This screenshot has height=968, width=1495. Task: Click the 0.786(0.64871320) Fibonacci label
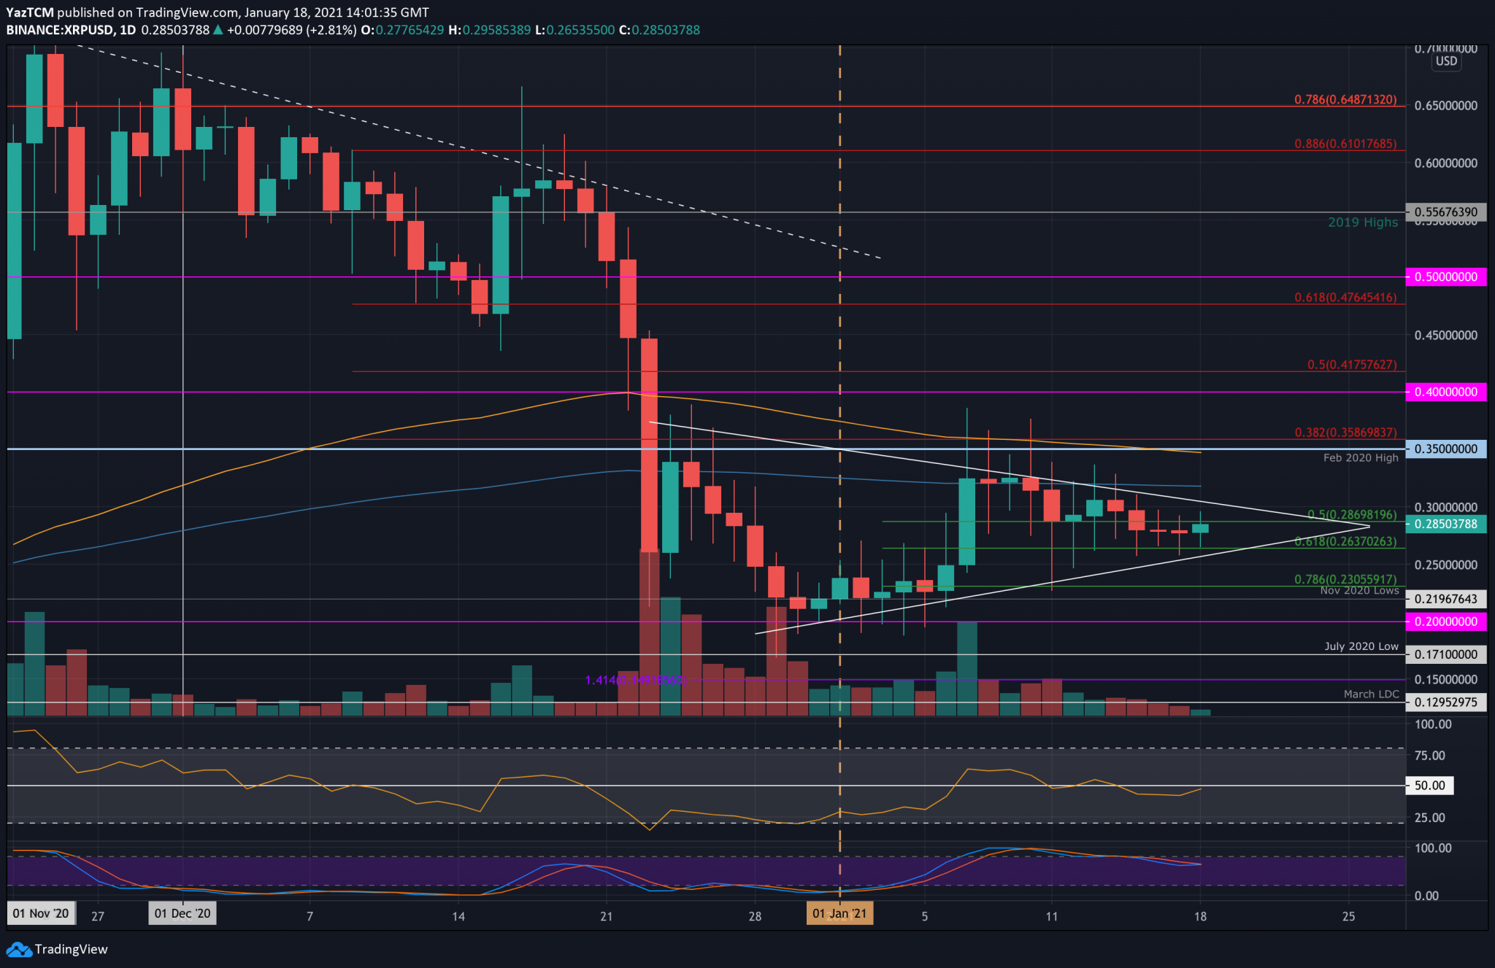click(1345, 99)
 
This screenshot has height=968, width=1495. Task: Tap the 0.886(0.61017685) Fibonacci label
click(1345, 144)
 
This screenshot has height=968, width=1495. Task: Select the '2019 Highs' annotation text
click(1362, 222)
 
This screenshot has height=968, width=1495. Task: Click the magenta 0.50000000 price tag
click(1445, 277)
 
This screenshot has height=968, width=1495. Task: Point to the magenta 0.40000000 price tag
click(1445, 392)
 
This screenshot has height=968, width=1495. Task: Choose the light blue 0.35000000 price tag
click(1445, 449)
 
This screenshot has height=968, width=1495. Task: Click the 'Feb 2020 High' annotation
click(1360, 458)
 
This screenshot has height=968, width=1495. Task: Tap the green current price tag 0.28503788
click(1445, 524)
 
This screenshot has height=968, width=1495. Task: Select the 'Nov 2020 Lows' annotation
click(1359, 590)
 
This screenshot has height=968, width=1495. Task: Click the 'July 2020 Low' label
click(1361, 646)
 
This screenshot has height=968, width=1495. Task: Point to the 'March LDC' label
click(1371, 694)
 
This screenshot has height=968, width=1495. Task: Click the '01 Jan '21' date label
click(839, 913)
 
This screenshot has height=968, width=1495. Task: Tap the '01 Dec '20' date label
click(182, 913)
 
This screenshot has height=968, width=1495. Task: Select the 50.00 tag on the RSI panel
click(1429, 786)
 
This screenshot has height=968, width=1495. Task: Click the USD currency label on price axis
click(1445, 61)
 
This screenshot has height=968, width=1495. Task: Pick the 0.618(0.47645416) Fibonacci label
click(1345, 298)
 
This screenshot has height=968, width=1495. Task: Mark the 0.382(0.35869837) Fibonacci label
click(1345, 433)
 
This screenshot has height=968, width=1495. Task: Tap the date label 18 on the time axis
click(1200, 916)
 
